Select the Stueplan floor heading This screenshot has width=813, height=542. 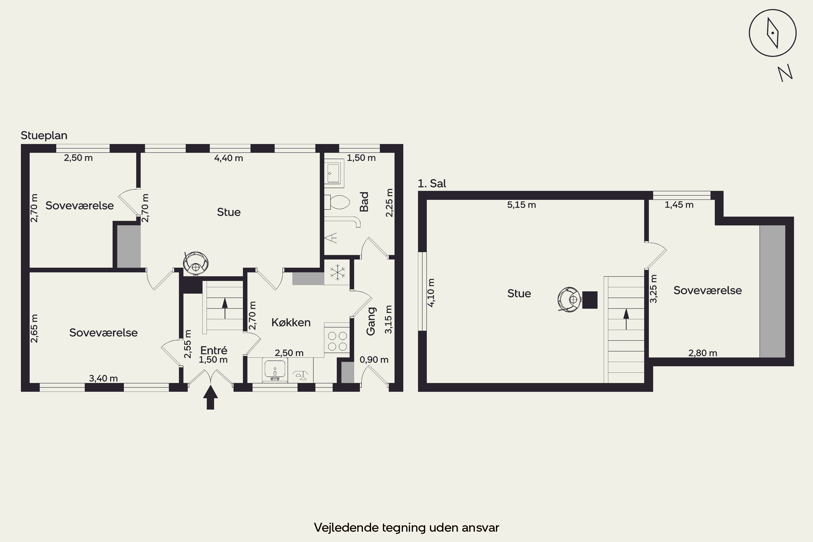click(44, 135)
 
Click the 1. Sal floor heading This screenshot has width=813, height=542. click(432, 183)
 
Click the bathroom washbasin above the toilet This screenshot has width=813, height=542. click(334, 173)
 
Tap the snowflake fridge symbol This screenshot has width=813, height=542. click(337, 272)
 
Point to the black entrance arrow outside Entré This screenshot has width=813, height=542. click(210, 398)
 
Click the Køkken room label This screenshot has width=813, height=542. click(291, 322)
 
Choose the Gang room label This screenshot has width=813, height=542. click(370, 321)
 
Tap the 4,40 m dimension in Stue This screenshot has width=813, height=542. click(228, 158)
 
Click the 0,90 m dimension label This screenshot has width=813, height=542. click(374, 360)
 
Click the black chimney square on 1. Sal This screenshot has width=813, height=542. click(590, 300)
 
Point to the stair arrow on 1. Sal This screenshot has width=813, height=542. click(626, 319)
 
